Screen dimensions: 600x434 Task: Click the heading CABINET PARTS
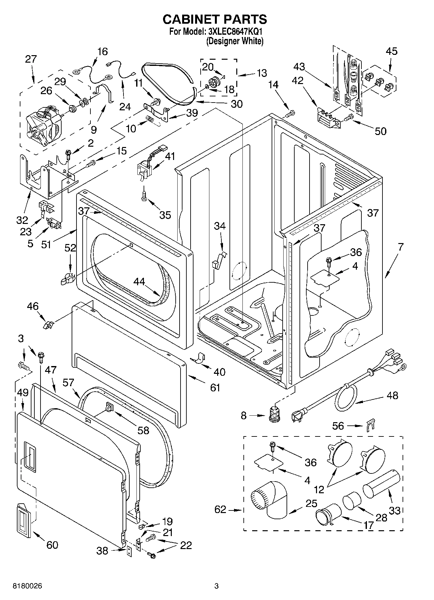pos(215,19)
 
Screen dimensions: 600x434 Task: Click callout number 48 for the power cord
pos(392,395)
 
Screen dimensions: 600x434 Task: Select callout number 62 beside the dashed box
pos(220,509)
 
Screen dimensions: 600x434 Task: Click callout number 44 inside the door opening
pos(139,282)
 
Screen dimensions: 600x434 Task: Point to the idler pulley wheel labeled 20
pos(214,80)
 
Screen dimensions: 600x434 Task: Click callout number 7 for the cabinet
pos(401,247)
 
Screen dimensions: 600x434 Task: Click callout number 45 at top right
pos(391,51)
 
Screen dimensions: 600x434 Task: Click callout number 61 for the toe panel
pos(215,387)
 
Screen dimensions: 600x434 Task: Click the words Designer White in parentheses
pos(235,41)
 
